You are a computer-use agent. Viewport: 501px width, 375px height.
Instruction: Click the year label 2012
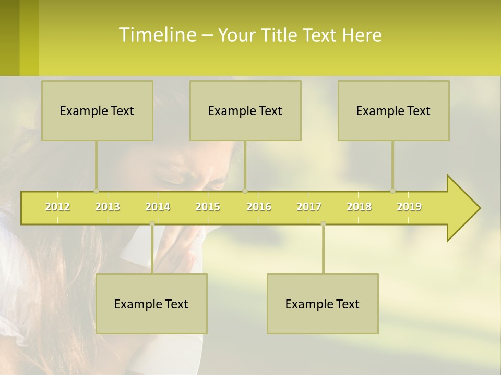(57, 207)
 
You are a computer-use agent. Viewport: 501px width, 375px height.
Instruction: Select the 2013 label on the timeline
(108, 207)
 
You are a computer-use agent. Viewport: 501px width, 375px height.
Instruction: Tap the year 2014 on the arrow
(158, 207)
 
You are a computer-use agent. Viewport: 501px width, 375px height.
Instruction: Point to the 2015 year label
(208, 207)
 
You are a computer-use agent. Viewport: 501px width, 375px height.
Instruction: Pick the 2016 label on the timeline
(259, 207)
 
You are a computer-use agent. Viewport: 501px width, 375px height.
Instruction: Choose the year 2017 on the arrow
(309, 207)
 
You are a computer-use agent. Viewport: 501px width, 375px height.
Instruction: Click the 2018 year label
(359, 207)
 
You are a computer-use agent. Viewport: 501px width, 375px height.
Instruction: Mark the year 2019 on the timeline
(409, 207)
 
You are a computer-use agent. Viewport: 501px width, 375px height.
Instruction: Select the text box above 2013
(97, 110)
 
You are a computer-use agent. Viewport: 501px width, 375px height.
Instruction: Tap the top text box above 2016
(245, 110)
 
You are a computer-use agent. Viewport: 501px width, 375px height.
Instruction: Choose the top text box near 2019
(393, 110)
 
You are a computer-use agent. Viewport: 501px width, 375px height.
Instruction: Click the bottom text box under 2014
(151, 304)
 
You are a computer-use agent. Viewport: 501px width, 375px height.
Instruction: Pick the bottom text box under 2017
(323, 304)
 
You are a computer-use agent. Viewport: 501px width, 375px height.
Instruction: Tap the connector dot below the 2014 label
(152, 223)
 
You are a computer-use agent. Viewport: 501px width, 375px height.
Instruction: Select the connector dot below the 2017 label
(323, 223)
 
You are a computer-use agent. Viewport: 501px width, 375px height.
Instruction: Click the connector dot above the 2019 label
(392, 191)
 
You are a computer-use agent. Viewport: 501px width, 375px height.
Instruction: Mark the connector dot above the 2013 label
(96, 191)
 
